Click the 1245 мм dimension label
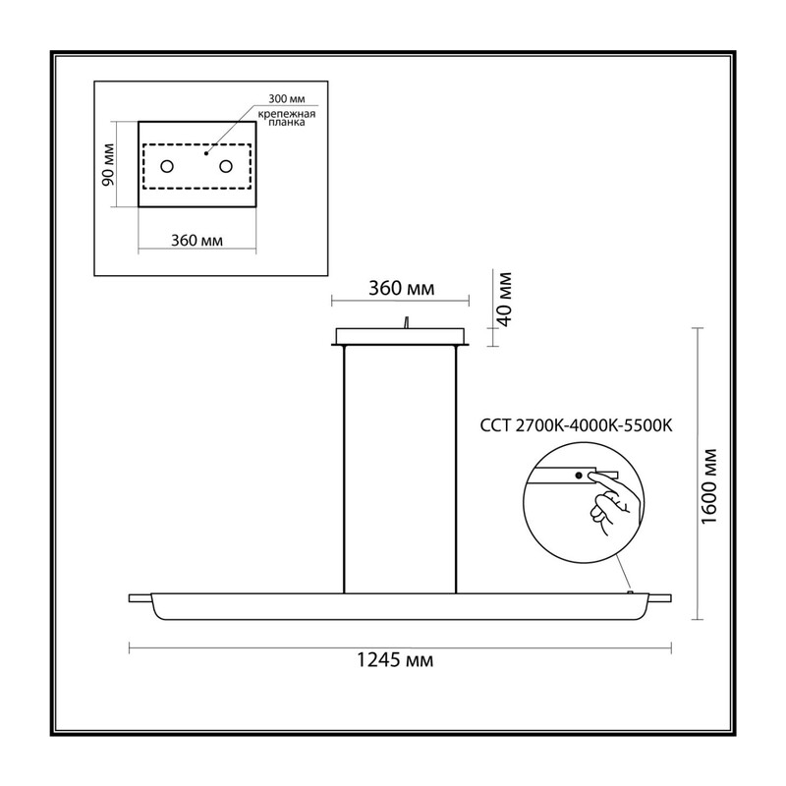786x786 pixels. (x=395, y=660)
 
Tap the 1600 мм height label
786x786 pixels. (x=708, y=486)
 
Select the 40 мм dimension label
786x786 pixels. (x=503, y=300)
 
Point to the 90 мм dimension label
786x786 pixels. (x=108, y=164)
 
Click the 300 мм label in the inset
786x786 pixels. (x=286, y=99)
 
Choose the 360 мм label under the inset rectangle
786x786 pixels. (x=197, y=241)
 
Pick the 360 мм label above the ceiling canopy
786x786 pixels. (x=402, y=288)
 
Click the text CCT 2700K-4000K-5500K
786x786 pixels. (x=576, y=425)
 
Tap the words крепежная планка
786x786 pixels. (x=287, y=118)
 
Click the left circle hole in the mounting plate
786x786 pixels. (x=167, y=166)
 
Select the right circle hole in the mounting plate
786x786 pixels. (x=226, y=166)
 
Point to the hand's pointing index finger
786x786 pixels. (x=606, y=483)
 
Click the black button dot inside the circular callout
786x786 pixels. (x=579, y=476)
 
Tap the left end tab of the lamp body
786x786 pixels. (x=140, y=598)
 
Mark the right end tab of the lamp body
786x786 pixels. (x=659, y=597)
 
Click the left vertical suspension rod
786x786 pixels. (x=345, y=470)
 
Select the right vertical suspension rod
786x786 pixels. (x=456, y=470)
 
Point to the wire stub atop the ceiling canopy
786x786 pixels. (x=407, y=322)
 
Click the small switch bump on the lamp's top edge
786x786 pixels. (x=631, y=592)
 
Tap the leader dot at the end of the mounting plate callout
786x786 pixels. (x=206, y=153)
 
